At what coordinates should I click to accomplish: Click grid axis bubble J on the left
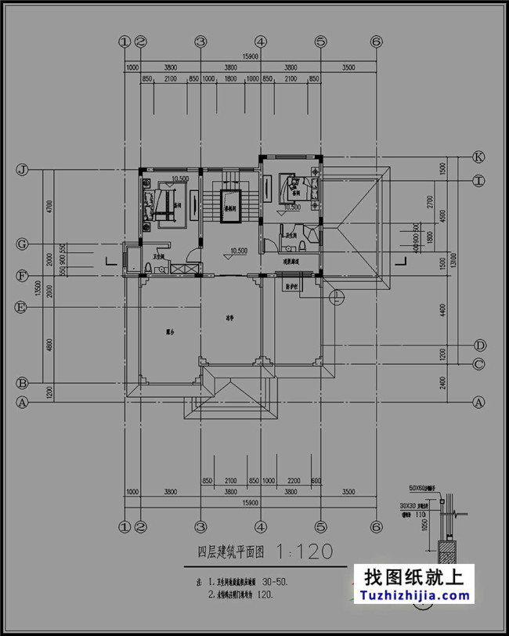click(x=23, y=169)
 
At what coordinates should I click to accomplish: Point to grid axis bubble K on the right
click(x=478, y=157)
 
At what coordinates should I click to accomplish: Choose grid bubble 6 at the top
click(x=376, y=42)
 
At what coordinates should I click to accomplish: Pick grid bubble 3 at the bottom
click(x=200, y=525)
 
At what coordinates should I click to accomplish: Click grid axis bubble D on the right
click(x=478, y=345)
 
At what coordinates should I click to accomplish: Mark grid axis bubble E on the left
click(x=23, y=307)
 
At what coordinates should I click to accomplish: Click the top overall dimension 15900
click(x=250, y=56)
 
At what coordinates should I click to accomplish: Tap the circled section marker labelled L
click(x=336, y=296)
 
